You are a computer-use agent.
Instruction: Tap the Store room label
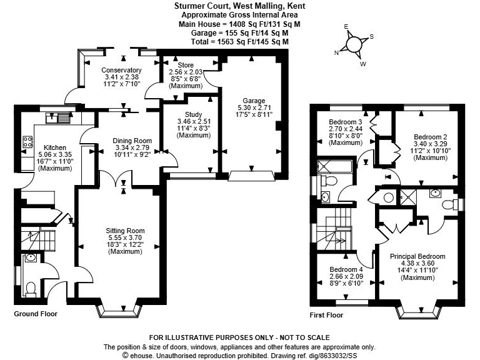coord(186,65)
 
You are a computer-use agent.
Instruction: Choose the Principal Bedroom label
coord(417,256)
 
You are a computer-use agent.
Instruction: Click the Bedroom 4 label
coord(346,269)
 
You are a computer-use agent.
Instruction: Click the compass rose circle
coord(354,44)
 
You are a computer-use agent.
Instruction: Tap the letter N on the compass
coord(337,53)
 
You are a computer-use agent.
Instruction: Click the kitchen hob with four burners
coord(27,142)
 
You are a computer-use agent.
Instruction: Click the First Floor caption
coord(327,315)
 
